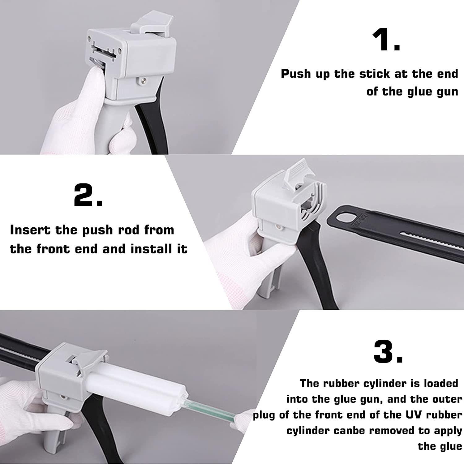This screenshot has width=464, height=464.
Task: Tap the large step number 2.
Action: (x=88, y=195)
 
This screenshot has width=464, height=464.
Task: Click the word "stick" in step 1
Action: (x=375, y=74)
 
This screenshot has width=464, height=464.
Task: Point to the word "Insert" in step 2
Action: (x=30, y=230)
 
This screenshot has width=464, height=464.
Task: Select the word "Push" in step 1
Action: (x=296, y=74)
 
